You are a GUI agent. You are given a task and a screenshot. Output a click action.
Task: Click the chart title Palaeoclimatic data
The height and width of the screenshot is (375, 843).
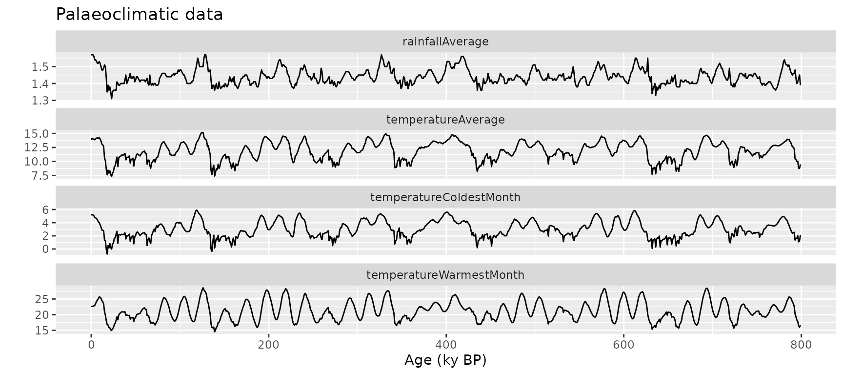pos(140,14)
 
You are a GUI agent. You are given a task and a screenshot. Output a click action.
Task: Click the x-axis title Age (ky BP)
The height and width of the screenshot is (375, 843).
pos(445,360)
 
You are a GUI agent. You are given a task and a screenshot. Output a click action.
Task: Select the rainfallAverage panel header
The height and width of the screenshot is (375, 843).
pos(445,42)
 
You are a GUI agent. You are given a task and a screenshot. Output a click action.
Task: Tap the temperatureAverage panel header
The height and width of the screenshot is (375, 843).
pos(445,120)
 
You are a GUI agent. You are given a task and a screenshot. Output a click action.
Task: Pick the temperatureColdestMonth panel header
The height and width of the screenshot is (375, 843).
pos(445,197)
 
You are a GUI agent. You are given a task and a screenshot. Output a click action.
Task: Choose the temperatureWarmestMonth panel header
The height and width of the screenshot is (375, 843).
pos(445,275)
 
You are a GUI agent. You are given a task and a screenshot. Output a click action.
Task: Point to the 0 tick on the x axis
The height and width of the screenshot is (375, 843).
pos(91,345)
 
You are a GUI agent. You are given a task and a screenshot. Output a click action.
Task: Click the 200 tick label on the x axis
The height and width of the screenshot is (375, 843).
pos(268,345)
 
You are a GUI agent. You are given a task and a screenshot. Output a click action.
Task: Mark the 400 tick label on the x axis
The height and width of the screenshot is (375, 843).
pos(445,345)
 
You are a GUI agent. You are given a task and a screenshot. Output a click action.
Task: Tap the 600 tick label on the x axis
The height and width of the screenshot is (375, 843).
pos(623,345)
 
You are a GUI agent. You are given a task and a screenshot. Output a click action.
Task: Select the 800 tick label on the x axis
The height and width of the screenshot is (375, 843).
pos(801,345)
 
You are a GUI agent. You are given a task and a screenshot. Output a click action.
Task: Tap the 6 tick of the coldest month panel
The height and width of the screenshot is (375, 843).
pos(46,209)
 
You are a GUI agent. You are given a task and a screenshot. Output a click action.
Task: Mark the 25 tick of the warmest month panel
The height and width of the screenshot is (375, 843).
pos(43,299)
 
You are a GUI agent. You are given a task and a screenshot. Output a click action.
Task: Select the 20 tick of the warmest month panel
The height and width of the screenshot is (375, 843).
pos(43,315)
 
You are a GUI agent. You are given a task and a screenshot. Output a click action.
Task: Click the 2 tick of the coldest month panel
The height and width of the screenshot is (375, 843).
pos(46,236)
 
